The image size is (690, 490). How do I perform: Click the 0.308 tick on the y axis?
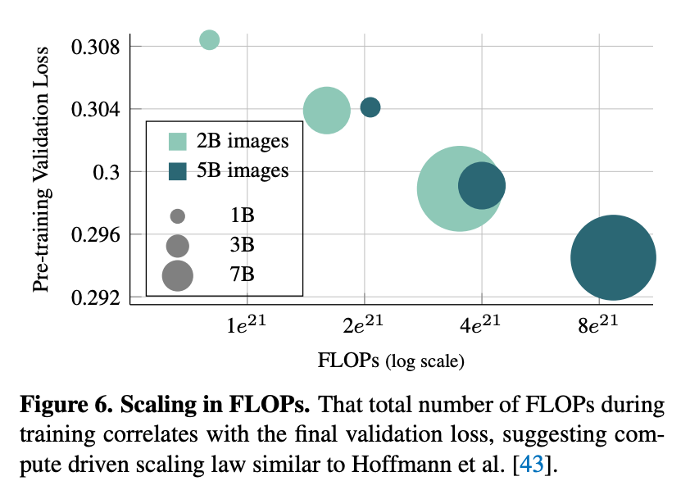pos(96,46)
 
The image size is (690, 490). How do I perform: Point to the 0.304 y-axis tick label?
pos(96,109)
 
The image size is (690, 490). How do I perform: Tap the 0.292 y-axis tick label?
pos(96,297)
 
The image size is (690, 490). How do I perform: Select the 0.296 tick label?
pos(96,235)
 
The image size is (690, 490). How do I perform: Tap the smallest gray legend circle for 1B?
pos(178,216)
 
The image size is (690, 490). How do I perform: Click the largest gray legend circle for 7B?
pos(178,275)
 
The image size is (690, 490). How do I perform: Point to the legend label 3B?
pos(242,245)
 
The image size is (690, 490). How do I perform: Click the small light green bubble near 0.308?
pos(210,39)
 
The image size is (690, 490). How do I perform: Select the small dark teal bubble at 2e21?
pos(370,107)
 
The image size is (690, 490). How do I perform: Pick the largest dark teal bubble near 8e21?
pos(613,257)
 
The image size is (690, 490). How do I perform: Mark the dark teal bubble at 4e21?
pos(482,186)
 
